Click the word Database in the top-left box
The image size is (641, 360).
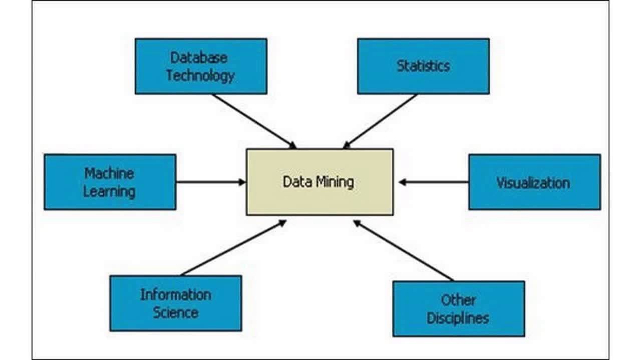[199, 57]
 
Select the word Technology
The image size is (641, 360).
[200, 75]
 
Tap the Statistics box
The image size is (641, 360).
[423, 66]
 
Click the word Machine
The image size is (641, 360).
[109, 173]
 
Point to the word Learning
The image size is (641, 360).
[109, 191]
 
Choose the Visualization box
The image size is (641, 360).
[534, 182]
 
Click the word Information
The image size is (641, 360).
[175, 294]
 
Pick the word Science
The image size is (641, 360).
[175, 312]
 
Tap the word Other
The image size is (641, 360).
[458, 300]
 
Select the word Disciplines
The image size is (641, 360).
[458, 318]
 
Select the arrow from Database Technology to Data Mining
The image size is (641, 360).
[254, 121]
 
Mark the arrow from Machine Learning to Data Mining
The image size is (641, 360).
[210, 182]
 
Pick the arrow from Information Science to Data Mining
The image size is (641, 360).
[233, 248]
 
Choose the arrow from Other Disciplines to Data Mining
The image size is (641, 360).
[403, 250]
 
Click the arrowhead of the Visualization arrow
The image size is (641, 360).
[402, 182]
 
